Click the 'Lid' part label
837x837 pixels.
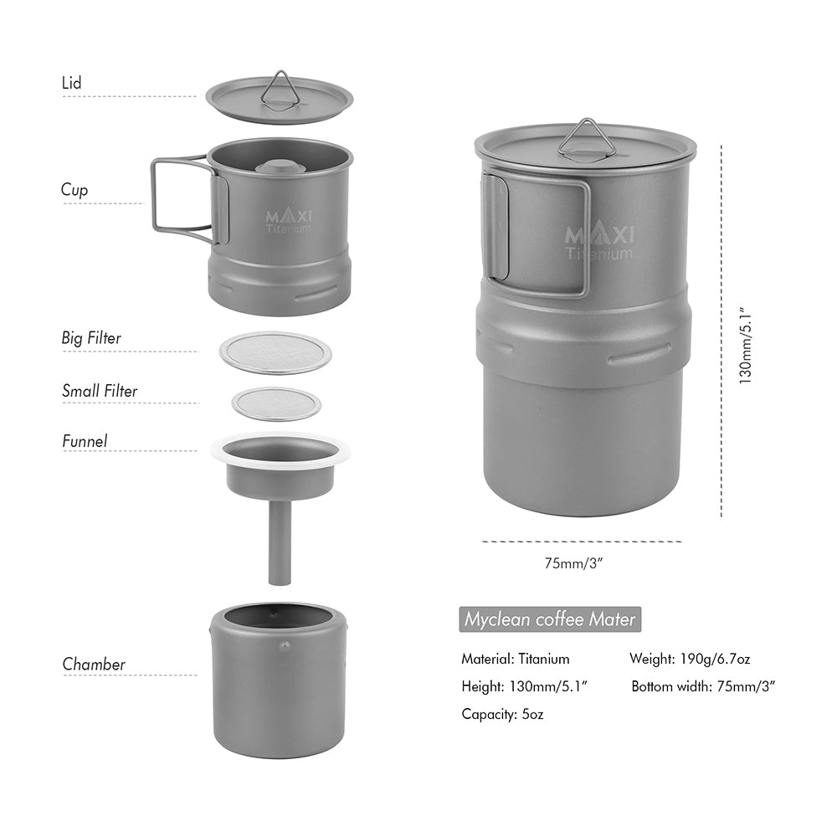point(71,83)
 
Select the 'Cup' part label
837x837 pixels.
point(74,190)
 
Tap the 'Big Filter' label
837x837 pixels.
point(91,338)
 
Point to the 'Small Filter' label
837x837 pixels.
point(100,391)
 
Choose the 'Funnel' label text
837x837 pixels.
point(85,440)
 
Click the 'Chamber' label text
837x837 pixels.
point(94,665)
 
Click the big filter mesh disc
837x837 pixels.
point(275,352)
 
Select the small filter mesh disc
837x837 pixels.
point(276,404)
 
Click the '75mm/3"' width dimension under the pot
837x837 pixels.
point(574,563)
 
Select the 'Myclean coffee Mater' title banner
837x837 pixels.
point(550,620)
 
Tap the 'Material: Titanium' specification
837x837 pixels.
point(516,659)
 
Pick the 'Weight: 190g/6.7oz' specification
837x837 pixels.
point(690,659)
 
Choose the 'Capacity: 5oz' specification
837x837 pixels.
point(503,715)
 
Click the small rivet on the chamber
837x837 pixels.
point(285,645)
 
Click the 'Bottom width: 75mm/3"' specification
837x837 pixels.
point(703,686)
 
